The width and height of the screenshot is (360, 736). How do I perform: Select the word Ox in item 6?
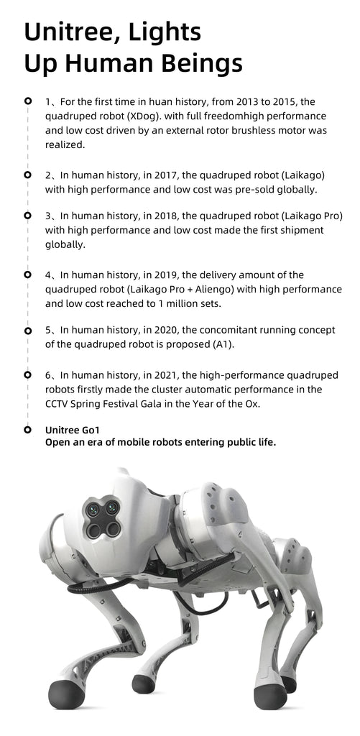261,403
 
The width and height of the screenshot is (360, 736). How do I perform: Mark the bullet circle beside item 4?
27,274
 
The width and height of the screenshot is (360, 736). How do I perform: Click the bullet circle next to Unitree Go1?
27,430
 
